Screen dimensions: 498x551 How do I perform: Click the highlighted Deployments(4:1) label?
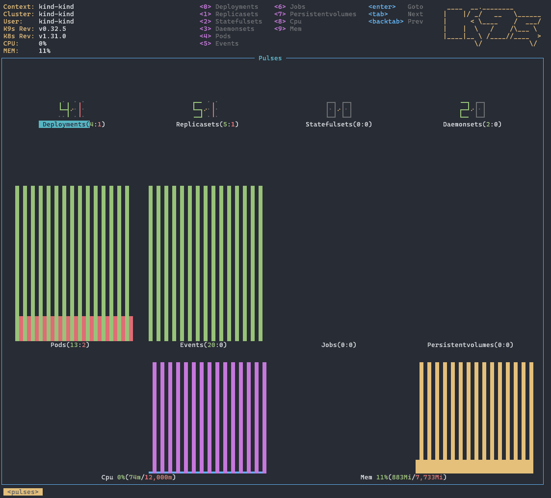tap(72, 124)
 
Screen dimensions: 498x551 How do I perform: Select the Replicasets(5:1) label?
tap(208, 124)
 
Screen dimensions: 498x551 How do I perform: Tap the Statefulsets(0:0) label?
tap(339, 124)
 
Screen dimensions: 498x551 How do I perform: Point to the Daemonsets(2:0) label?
tap(472, 124)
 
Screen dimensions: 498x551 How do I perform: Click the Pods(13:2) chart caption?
tap(70, 345)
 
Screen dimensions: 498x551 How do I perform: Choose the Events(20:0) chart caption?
tap(203, 345)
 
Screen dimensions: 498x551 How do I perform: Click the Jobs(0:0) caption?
tap(339, 345)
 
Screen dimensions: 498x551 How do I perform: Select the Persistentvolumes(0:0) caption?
tap(470, 345)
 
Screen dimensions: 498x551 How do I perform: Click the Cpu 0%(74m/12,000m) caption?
tap(138, 477)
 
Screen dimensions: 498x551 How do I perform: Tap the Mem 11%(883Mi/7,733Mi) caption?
tap(403, 477)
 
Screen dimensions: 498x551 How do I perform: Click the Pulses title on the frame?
tap(270, 58)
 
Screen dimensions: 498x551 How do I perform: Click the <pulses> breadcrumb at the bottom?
tap(23, 492)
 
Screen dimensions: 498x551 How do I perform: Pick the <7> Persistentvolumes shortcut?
tap(315, 14)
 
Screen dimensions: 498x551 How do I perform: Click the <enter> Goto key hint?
tap(395, 7)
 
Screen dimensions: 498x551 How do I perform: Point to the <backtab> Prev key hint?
tap(395, 22)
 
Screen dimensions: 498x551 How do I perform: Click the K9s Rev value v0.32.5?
tap(52, 29)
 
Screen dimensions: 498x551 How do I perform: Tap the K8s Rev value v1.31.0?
tap(52, 36)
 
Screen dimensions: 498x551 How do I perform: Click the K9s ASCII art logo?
tap(492, 26)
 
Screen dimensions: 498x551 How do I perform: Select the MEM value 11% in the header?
tap(45, 51)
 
